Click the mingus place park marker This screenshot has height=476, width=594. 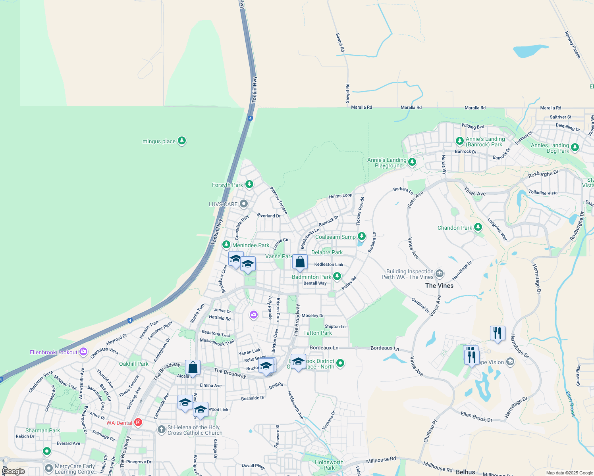[x=182, y=141]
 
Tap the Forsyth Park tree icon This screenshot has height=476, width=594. [x=249, y=184]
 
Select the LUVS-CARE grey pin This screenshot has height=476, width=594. [x=244, y=204]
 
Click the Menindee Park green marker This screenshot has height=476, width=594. [x=226, y=244]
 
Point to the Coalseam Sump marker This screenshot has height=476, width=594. [x=361, y=236]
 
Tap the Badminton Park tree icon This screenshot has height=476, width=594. [x=337, y=276]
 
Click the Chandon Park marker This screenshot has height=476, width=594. [x=478, y=227]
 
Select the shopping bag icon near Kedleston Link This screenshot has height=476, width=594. [x=300, y=262]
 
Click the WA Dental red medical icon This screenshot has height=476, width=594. [x=138, y=422]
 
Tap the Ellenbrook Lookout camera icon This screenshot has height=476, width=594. [x=83, y=351]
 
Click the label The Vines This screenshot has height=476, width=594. [x=439, y=286]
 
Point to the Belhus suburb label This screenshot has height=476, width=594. [x=465, y=472]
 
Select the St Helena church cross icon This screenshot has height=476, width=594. [x=161, y=429]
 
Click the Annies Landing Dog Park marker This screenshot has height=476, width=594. [x=575, y=148]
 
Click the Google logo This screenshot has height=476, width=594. [x=13, y=471]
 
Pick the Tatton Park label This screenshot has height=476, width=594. [x=318, y=333]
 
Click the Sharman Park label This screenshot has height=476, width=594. [x=42, y=430]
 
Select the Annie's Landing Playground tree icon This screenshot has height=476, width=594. [x=412, y=162]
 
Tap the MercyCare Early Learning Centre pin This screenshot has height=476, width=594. [x=49, y=468]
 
